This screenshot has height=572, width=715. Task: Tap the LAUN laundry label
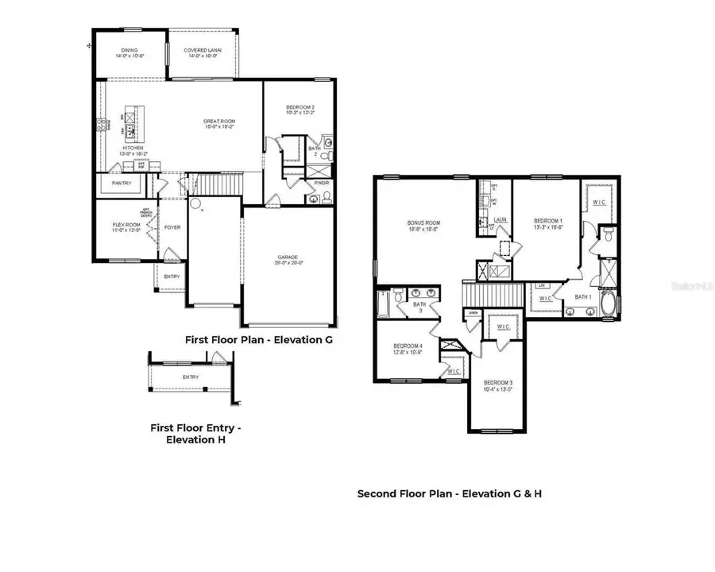coord(500,220)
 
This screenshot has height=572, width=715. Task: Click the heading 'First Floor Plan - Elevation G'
coord(257,339)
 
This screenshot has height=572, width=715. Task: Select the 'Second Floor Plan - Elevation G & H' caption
coord(449,493)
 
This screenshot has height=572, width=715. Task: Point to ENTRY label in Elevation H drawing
coord(191,377)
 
